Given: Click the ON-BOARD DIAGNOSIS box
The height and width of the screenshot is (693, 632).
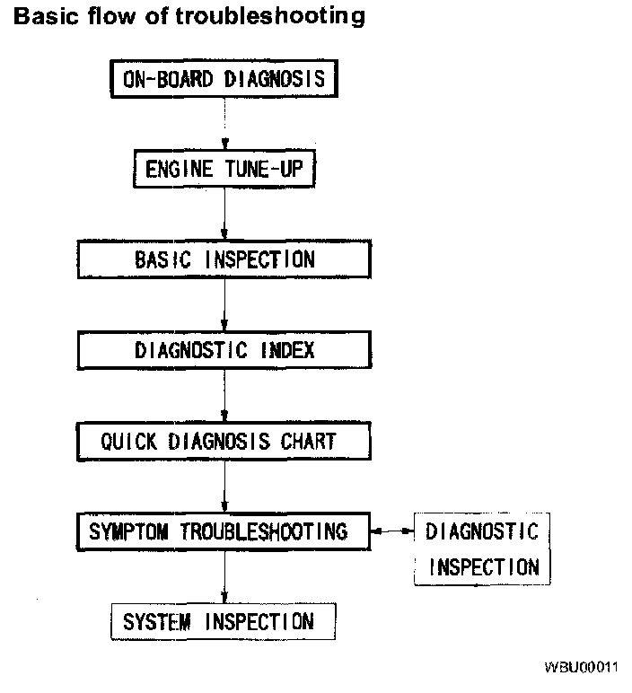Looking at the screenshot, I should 224,80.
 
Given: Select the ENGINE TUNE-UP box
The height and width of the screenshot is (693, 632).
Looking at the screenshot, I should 224,168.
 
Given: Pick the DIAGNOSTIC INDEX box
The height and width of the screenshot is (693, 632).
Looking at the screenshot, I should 224,349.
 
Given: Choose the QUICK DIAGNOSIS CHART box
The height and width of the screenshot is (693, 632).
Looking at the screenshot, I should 224,441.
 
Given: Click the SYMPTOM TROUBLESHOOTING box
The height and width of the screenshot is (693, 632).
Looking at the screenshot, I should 224,531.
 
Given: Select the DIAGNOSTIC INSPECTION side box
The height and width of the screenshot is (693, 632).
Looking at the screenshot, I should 483,548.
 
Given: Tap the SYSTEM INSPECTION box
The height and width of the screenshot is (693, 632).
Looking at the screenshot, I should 219,621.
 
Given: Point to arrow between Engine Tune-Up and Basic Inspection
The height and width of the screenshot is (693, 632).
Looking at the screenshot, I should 224,213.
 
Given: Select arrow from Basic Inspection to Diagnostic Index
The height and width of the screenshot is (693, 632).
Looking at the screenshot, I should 224,304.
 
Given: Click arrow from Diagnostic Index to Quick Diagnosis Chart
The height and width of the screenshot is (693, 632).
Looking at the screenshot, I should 224,395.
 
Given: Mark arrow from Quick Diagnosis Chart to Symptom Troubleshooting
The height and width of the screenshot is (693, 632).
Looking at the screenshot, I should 224,487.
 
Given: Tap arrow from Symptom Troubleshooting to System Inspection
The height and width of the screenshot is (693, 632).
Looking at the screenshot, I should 224,576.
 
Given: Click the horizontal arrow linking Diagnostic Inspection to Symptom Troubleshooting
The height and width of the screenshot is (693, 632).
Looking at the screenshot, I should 392,532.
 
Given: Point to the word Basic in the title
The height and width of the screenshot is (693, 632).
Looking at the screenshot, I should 46,16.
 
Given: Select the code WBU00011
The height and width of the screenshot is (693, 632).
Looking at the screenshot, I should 581,668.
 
